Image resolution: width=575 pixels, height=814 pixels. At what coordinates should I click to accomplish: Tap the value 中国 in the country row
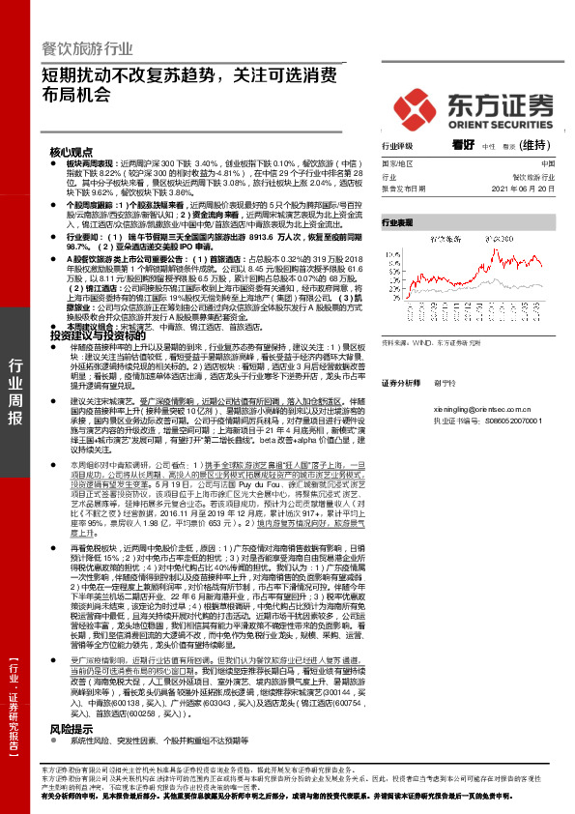click(547, 164)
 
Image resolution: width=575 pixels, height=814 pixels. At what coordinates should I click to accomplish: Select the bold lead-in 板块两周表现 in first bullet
click(87, 164)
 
